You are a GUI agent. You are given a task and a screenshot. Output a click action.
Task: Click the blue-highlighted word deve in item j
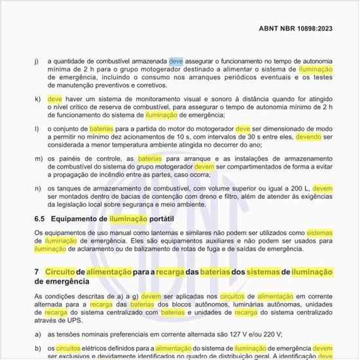click(177, 61)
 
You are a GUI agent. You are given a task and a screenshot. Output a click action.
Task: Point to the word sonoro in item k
click(190, 98)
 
